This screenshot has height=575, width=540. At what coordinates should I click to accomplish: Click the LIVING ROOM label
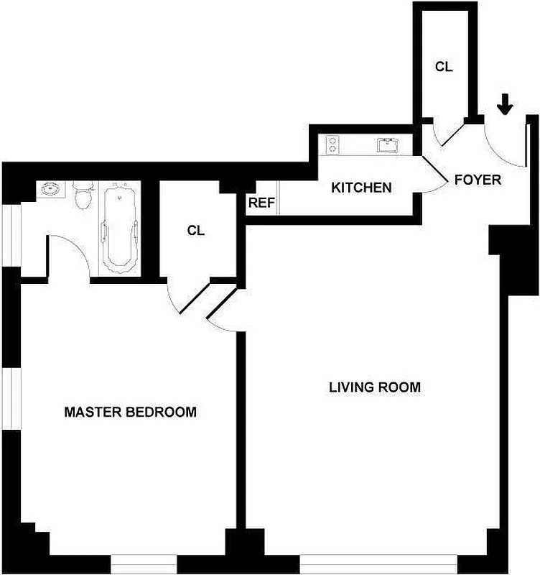point(374,387)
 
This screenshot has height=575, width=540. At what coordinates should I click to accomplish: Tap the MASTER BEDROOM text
point(130,413)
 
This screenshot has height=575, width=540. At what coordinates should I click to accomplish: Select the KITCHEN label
point(361,188)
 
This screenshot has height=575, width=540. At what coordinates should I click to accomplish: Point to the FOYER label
point(478,180)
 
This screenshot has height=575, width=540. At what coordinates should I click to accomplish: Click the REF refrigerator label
point(261,203)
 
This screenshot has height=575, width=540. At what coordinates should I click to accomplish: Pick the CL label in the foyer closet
point(444,66)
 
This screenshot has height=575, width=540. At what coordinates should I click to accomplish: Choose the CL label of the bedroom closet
point(195,231)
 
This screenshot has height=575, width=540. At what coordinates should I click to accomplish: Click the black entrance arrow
point(506,105)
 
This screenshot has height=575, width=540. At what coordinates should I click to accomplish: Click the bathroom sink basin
point(51,190)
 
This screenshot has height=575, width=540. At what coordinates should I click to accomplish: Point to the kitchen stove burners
point(332,145)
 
